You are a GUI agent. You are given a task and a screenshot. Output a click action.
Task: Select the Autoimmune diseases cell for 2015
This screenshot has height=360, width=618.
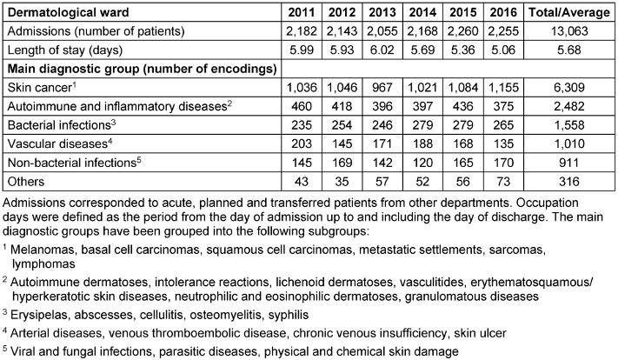click(467, 108)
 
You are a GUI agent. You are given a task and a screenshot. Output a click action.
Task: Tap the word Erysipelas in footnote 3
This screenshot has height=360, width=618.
click(41, 314)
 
